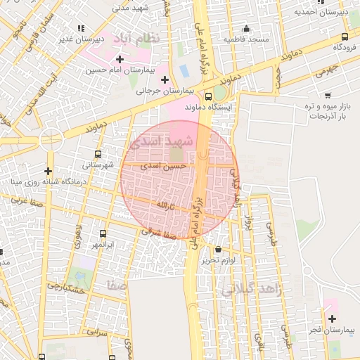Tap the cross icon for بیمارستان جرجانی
(165, 79)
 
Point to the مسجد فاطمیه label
(247, 39)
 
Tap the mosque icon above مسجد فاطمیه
(246, 29)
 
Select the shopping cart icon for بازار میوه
(328, 95)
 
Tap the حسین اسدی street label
(163, 167)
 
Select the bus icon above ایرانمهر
(103, 233)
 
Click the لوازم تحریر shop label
(218, 260)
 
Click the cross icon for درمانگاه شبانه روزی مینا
(48, 171)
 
